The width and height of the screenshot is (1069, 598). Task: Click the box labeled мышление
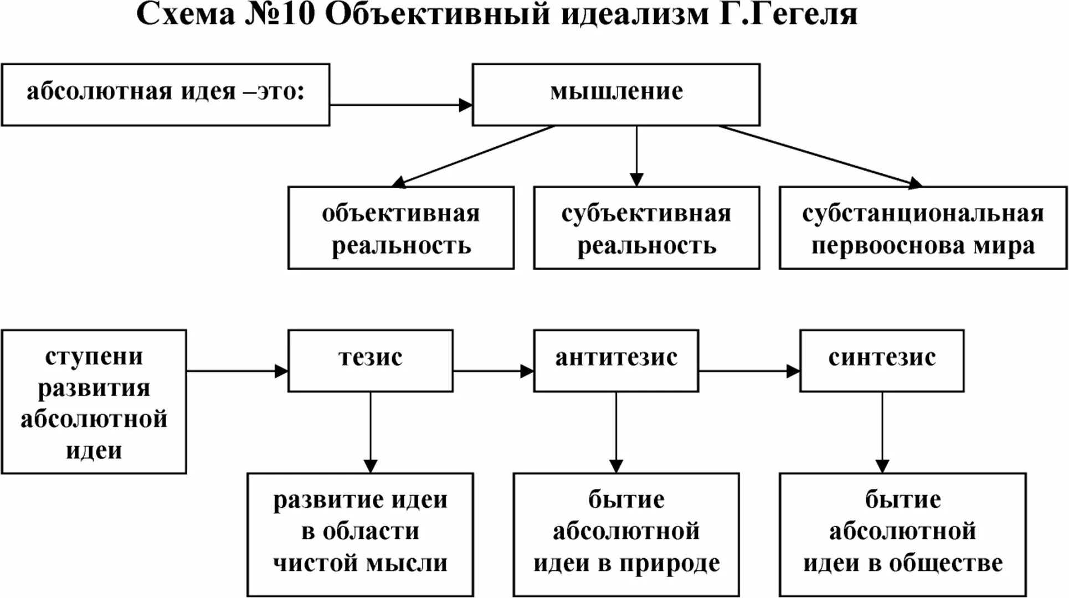pos(615,94)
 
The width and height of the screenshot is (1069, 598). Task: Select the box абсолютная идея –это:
pos(165,94)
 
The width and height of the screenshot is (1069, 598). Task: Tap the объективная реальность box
pos(400,228)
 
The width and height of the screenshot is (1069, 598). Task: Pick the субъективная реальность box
pos(646,228)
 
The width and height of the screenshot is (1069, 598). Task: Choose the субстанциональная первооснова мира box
pos(923,228)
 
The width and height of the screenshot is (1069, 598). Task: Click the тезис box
pos(370,360)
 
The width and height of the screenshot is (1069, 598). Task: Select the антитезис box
pos(615,360)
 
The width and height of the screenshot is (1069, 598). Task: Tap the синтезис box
pos(882,360)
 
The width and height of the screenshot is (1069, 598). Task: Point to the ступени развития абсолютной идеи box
pos(94,401)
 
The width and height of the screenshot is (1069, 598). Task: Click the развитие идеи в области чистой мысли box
pos(360,534)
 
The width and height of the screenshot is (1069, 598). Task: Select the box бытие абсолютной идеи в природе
pos(626,534)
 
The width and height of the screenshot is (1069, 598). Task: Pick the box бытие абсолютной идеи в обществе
pos(902,534)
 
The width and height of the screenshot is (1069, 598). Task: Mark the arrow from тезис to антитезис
pos(493,370)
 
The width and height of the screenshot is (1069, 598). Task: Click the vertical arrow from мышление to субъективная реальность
pos(636,156)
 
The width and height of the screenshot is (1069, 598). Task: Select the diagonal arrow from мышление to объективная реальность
pos(474,156)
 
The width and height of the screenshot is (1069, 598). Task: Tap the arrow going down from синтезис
pos(882,432)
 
